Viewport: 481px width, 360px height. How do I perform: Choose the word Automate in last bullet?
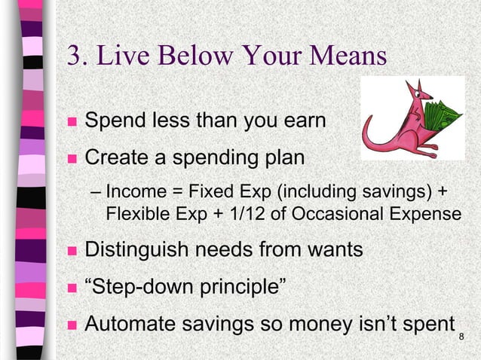coord(127,324)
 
